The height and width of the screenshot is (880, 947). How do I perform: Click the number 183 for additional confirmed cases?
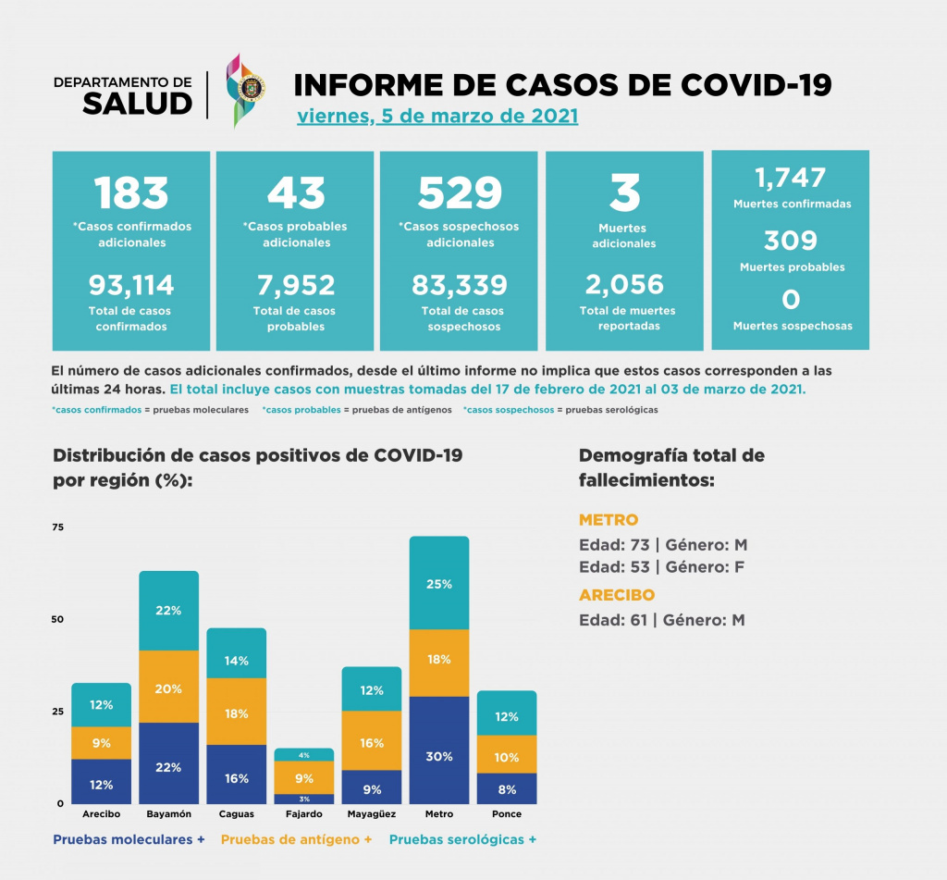tap(131, 192)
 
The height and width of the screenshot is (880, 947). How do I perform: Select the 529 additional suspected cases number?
tap(460, 192)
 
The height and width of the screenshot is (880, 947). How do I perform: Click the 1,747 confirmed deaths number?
tap(790, 178)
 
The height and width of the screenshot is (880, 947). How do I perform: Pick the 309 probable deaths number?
tap(790, 241)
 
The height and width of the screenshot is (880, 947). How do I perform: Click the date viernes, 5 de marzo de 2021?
tap(437, 117)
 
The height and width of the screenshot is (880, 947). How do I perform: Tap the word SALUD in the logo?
tap(137, 104)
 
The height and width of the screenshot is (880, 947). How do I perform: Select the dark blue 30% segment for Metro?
tap(439, 756)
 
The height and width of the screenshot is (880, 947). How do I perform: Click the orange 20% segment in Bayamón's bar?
tap(168, 688)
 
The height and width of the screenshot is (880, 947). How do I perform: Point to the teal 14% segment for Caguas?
tap(237, 661)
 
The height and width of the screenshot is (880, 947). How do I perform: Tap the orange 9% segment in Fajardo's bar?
tap(304, 778)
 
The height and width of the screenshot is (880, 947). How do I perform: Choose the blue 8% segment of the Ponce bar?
tap(507, 790)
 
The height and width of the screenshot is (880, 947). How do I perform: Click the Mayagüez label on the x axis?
tap(371, 814)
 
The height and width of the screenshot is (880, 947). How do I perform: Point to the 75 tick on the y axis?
tap(58, 527)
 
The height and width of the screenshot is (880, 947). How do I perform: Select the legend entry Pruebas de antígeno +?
tap(296, 839)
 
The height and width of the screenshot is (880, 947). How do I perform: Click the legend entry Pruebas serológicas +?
tap(462, 839)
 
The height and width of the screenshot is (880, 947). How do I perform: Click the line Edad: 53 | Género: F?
tap(662, 566)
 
